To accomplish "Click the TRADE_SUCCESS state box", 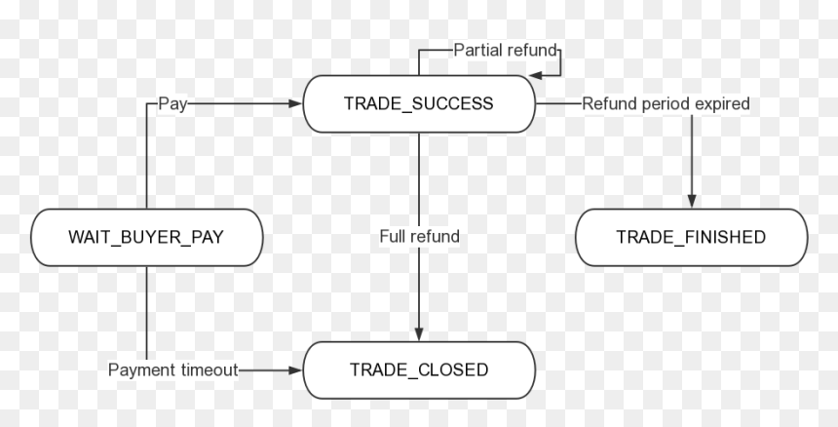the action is [419, 103].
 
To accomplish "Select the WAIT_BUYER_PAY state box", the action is [147, 237].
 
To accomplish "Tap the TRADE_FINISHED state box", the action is [692, 237].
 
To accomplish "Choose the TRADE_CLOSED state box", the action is [419, 370].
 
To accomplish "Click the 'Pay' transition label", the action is [172, 104].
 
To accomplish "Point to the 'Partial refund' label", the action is [506, 51].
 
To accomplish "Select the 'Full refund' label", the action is [420, 236].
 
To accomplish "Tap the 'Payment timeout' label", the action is [172, 369].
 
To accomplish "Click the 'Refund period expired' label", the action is [666, 103].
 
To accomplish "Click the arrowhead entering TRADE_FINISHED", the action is [692, 202].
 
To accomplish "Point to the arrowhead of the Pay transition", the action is [295, 103].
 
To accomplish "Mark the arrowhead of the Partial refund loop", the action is [536, 75].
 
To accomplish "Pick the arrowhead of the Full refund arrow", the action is [419, 334].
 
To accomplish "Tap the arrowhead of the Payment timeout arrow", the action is [295, 370].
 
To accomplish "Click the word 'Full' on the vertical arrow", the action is [391, 236].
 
